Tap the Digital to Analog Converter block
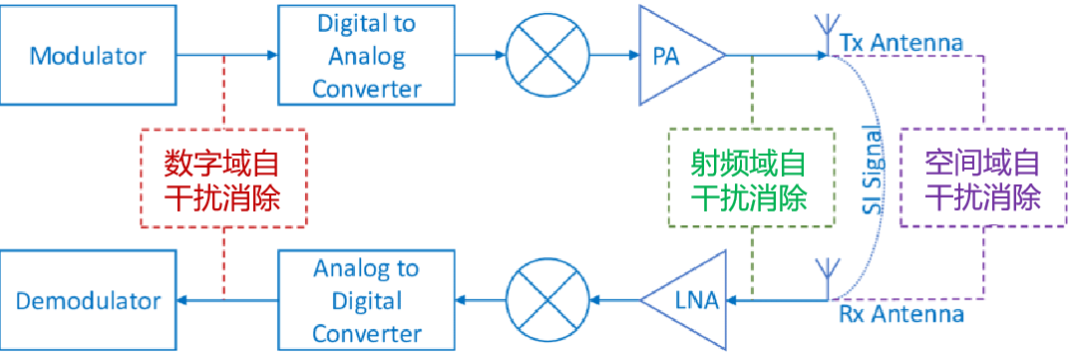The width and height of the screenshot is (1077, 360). coord(366,55)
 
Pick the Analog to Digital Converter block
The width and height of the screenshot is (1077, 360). coord(366,300)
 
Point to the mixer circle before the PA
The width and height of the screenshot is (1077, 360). coord(547,55)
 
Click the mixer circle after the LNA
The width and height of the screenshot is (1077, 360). coord(547,300)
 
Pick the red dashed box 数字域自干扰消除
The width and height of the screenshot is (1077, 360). coord(223,178)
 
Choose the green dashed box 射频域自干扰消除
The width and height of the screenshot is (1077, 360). coord(752,178)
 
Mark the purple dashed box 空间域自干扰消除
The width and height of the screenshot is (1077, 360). coord(983,178)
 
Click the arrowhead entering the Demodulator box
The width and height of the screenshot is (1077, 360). coord(182,299)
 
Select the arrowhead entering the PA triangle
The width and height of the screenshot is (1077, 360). coord(632,55)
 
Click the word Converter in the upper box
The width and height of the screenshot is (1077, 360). coord(366,88)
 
